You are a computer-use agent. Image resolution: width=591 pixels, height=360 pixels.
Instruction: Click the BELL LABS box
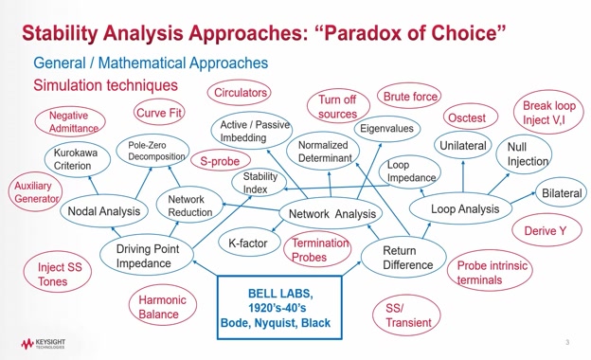point(279,308)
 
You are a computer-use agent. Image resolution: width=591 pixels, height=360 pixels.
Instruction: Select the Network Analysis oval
point(331,213)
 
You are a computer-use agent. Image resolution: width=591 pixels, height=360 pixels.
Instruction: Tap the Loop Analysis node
point(460,208)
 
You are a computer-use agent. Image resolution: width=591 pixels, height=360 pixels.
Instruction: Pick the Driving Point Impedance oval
point(147,255)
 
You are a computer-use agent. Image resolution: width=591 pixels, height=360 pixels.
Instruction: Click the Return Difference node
point(403,258)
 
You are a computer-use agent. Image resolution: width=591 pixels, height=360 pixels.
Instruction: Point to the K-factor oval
point(249,243)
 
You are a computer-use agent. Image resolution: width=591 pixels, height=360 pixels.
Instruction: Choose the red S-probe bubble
point(221,161)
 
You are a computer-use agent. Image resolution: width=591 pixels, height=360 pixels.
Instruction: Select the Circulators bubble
point(239,92)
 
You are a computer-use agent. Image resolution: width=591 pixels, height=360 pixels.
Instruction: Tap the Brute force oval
point(409,97)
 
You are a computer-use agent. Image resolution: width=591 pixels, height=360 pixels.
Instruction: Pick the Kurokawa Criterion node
point(78,159)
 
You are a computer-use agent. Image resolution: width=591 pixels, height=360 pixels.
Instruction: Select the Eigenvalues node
point(387,129)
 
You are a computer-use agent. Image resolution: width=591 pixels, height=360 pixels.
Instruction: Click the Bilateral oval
point(562,192)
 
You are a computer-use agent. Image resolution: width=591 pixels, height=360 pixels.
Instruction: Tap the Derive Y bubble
point(546,230)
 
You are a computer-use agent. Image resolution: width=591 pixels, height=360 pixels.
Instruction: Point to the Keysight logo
point(43,343)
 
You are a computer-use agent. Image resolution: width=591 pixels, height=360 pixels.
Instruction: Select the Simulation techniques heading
point(105,85)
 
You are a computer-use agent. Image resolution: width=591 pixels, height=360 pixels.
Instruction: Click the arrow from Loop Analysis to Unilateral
point(463,176)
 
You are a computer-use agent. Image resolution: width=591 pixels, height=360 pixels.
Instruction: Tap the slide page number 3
point(567,342)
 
